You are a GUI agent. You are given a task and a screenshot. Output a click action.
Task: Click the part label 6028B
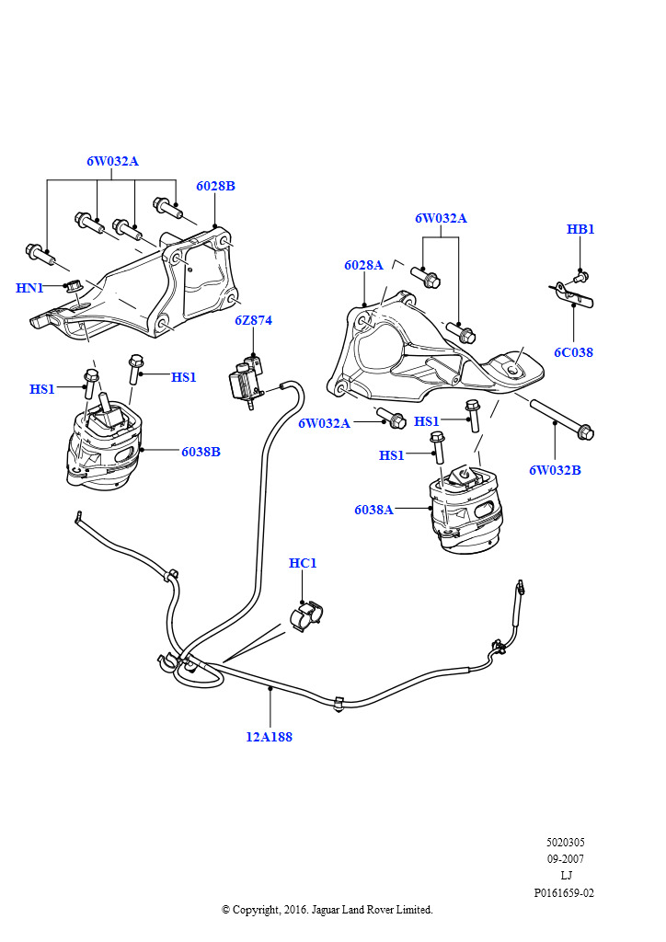(x=215, y=186)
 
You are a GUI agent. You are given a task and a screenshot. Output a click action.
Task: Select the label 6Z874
(x=253, y=321)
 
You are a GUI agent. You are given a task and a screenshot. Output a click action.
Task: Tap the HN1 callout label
(x=29, y=288)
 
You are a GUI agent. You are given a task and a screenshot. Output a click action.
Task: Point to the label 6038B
(x=201, y=452)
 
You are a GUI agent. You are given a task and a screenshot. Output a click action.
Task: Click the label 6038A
(x=373, y=510)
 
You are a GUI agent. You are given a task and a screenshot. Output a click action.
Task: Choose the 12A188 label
(x=269, y=737)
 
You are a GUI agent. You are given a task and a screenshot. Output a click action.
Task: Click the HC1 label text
(x=303, y=563)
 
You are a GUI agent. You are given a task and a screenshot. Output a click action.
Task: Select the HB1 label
(x=580, y=229)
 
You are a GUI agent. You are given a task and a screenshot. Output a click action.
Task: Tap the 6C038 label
(x=573, y=352)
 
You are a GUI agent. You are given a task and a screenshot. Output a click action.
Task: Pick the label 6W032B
(x=555, y=470)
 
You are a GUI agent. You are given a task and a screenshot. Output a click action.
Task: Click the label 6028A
(x=363, y=265)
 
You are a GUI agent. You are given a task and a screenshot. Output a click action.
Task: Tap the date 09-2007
(x=564, y=859)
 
